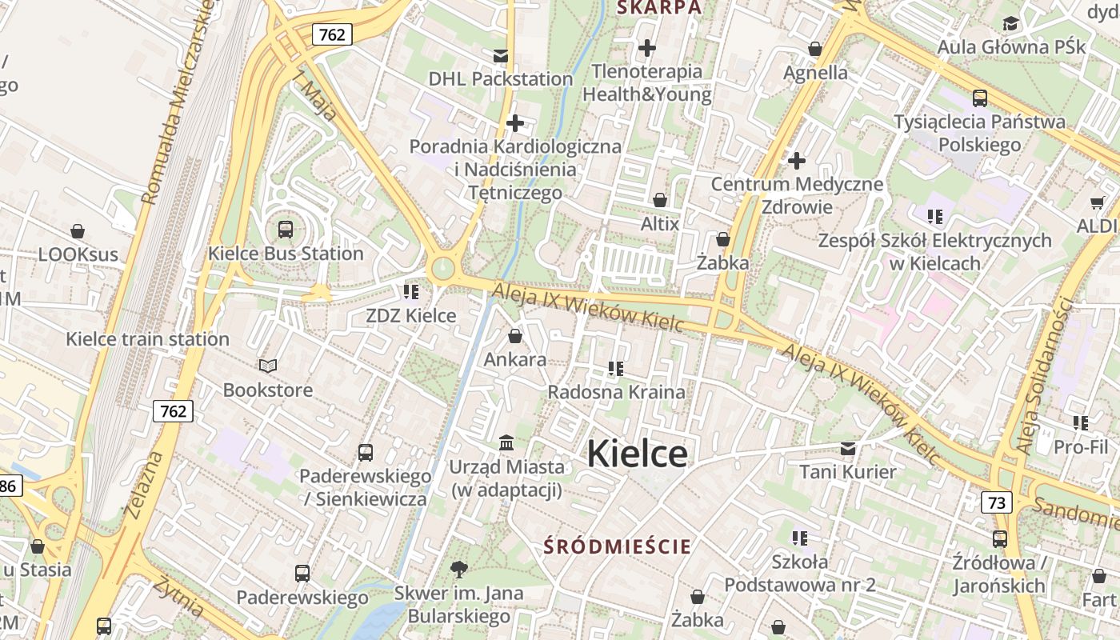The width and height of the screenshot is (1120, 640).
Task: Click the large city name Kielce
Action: (637, 454)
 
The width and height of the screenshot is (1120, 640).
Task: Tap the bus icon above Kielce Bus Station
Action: (286, 230)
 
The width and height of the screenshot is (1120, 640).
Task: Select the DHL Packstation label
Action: (501, 78)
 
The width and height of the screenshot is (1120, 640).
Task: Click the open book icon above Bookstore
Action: (268, 366)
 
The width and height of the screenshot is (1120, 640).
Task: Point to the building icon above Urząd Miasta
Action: (506, 442)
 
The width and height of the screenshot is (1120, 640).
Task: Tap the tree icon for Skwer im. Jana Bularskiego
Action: (458, 570)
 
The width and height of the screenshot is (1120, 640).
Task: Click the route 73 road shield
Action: (996, 502)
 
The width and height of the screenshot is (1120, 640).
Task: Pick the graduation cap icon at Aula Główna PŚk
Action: (1010, 24)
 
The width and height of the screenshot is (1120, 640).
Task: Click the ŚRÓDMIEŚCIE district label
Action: (617, 547)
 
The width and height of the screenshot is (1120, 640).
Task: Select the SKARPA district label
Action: (658, 8)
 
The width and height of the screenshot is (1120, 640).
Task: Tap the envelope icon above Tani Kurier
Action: (848, 449)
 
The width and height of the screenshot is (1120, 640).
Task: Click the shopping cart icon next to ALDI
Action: (1097, 203)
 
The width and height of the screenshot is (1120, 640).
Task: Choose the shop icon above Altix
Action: (660, 200)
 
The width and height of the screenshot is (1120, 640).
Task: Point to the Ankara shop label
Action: (515, 359)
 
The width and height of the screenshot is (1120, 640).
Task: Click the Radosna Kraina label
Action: (616, 392)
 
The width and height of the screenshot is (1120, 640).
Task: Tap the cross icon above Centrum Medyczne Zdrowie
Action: (797, 161)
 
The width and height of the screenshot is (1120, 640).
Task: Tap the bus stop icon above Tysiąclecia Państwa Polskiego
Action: (980, 98)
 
